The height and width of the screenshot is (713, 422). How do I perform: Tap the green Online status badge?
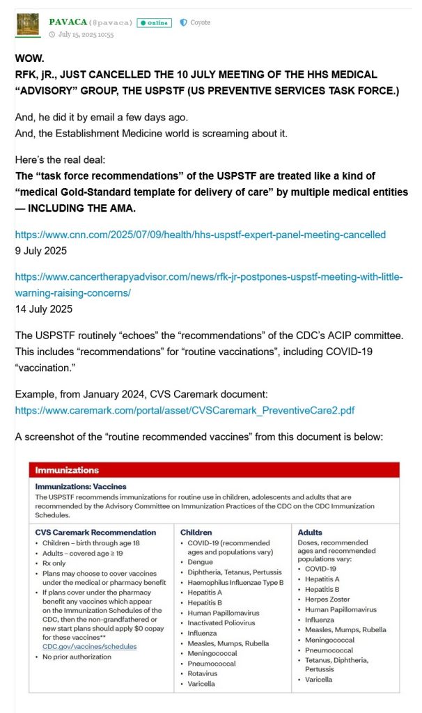tap(154, 23)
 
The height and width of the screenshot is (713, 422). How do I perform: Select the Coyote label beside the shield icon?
tap(201, 22)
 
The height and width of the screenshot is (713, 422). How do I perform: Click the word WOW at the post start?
tap(29, 59)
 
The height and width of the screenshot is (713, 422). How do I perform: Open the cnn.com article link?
tap(200, 235)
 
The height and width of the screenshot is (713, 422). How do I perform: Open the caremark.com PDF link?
tap(185, 410)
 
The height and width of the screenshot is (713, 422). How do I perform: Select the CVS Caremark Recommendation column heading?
tap(95, 532)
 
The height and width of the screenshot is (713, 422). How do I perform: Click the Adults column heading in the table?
tap(310, 532)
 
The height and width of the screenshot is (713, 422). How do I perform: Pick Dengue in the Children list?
tap(203, 561)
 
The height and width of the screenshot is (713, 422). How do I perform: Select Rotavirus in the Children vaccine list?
tap(206, 673)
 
